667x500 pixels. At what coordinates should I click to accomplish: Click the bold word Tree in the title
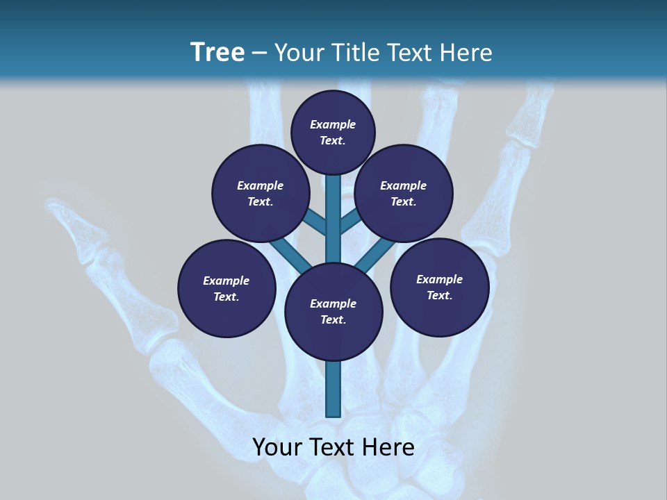(217, 52)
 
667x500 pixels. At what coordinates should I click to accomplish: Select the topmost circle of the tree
(333, 132)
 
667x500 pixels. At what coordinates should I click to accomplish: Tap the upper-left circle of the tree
(261, 193)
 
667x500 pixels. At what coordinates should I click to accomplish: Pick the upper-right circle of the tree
(404, 193)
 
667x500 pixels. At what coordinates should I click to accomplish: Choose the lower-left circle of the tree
(227, 288)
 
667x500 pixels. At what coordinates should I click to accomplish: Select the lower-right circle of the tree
(440, 287)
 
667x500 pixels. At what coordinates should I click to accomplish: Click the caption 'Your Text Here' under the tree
(333, 447)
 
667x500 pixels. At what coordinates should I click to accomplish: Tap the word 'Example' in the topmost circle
(333, 124)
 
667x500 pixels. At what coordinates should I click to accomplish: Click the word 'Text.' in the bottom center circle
(333, 319)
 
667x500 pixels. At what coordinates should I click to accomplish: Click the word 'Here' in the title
(466, 52)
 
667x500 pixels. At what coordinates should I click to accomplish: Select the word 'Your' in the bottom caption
(277, 447)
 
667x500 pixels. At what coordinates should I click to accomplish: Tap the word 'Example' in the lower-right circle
(439, 279)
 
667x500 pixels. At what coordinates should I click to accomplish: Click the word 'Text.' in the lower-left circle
(227, 297)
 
